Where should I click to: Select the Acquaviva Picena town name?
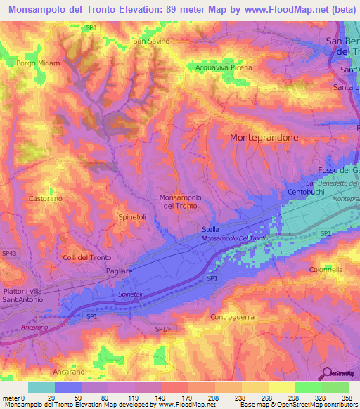point(219,67)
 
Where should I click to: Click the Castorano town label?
point(46,199)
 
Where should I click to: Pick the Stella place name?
point(210,229)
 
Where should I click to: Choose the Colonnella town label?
point(326,269)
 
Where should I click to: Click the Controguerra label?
point(236,317)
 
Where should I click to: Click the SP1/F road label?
point(162,329)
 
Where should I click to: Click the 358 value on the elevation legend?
point(348,397)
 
